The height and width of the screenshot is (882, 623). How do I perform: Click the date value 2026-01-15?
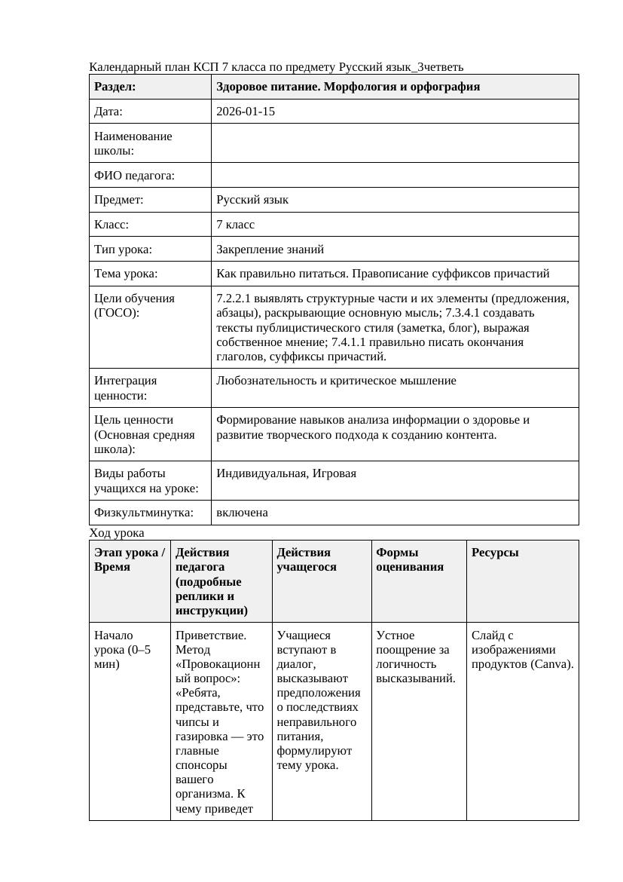coord(246,112)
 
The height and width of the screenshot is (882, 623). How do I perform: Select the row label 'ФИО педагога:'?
coord(134,176)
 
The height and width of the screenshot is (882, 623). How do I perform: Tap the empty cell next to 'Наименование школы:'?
coord(394,143)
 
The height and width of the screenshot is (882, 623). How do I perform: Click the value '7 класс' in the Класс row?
coord(235,225)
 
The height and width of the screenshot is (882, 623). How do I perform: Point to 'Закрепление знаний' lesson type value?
coord(270,249)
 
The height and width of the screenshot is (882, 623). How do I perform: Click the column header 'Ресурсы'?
coord(495,553)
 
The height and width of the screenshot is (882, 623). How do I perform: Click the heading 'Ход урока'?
coord(116,533)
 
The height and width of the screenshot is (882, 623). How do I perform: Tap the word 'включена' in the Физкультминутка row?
coord(242,513)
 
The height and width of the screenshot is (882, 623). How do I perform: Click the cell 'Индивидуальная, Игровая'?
coord(286,473)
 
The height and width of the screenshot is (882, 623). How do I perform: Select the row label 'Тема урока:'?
coord(126,274)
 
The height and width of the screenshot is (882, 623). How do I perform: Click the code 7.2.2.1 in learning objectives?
coord(237,299)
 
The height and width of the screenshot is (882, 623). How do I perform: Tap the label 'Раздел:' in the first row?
coord(115,87)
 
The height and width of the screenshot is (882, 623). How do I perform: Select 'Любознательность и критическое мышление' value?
coord(336,381)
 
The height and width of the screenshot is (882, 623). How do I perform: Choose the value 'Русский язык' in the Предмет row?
coord(252,200)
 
